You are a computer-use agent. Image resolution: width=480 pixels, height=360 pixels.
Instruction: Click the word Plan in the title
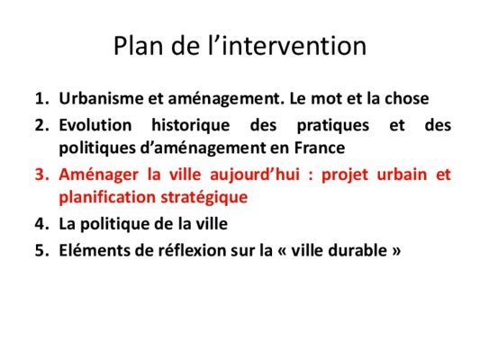(138, 46)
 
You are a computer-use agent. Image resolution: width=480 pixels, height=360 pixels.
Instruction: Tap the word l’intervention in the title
(287, 46)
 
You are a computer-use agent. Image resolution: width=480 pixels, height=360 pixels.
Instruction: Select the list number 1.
(42, 98)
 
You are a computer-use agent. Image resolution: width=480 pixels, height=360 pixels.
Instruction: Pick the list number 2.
(42, 125)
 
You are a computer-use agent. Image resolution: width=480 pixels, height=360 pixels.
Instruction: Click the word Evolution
(95, 125)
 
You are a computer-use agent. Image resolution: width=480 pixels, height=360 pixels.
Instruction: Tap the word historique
(191, 125)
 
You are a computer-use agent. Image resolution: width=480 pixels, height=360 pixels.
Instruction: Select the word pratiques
(333, 126)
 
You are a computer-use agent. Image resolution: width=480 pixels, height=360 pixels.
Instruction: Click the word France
(320, 148)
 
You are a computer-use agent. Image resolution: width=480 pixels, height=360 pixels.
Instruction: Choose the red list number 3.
(42, 175)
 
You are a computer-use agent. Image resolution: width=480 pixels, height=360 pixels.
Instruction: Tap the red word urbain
(402, 175)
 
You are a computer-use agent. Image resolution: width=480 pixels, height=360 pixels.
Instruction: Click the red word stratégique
(204, 198)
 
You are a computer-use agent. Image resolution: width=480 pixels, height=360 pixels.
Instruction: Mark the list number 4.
(42, 224)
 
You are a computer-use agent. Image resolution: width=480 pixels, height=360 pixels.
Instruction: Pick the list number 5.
(42, 250)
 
